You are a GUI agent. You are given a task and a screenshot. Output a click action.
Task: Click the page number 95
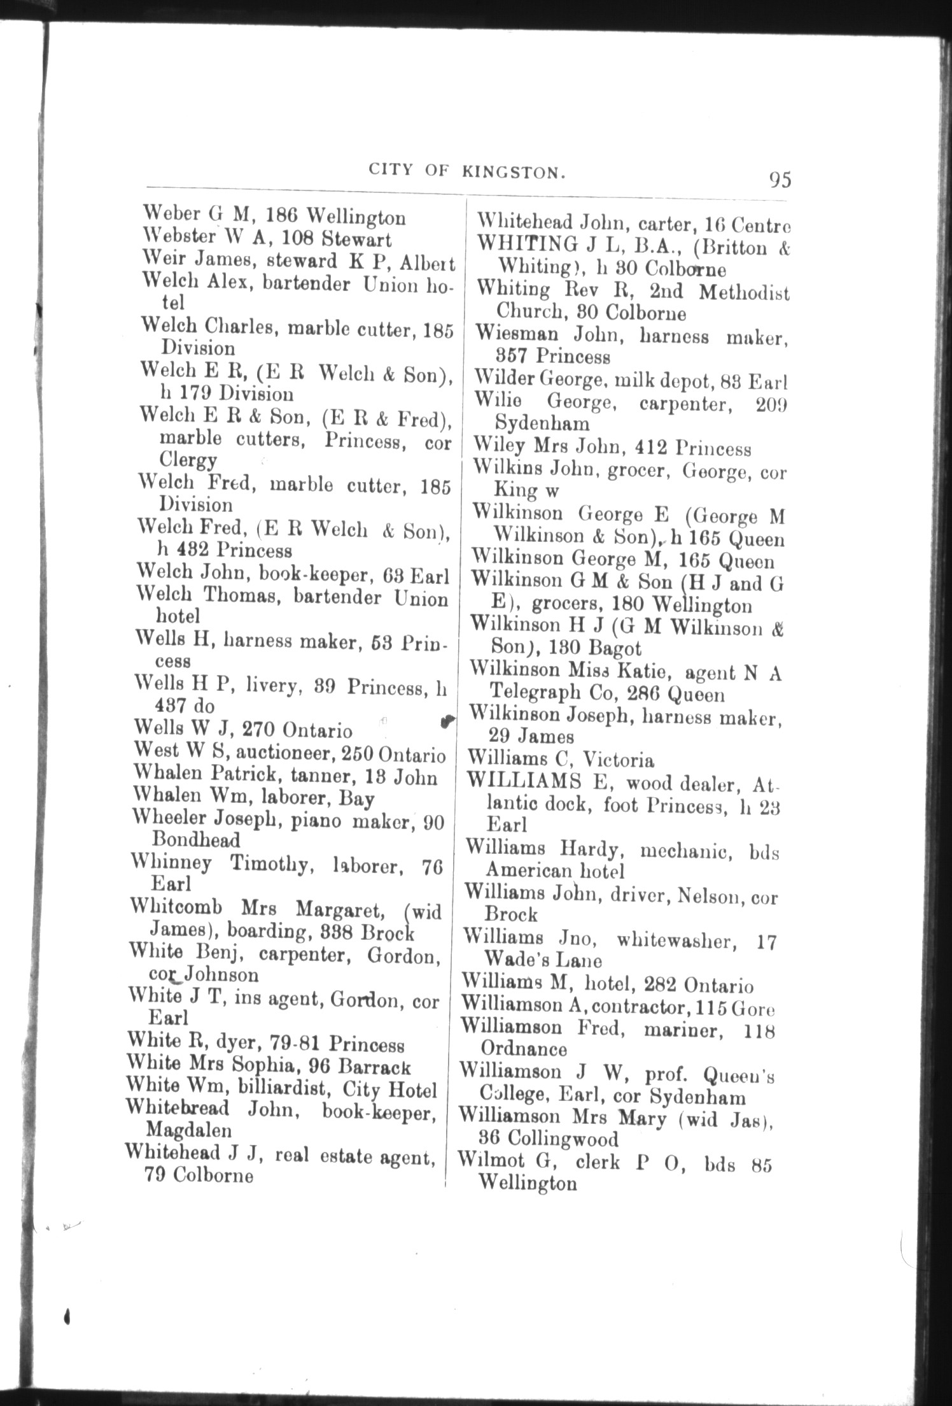780,180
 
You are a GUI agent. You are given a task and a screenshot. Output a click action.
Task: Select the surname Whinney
171,863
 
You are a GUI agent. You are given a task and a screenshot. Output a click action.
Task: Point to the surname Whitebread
178,1109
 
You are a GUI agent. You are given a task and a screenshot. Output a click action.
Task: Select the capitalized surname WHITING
526,244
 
